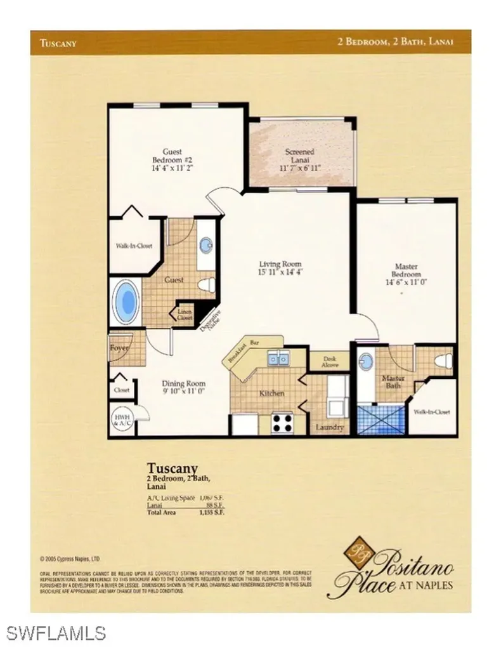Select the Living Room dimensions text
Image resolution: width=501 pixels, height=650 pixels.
pyautogui.click(x=280, y=272)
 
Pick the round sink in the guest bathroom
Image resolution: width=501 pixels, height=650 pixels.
pyautogui.click(x=206, y=246)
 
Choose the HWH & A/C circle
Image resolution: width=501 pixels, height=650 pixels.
pyautogui.click(x=122, y=419)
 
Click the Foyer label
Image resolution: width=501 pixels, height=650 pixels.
pyautogui.click(x=119, y=348)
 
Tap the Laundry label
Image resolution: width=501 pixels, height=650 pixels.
pyautogui.click(x=329, y=428)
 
